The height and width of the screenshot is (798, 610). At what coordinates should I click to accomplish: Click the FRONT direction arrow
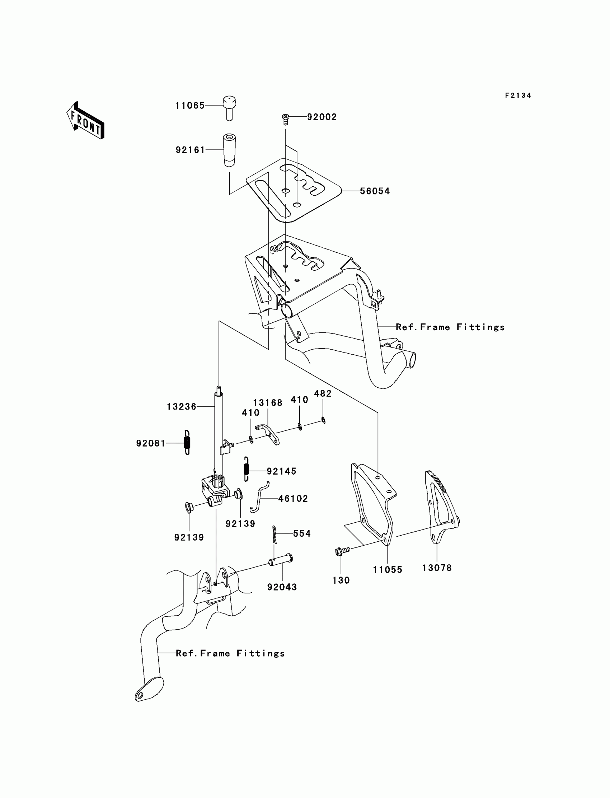[86, 121]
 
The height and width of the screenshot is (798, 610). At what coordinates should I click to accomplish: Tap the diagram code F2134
[518, 95]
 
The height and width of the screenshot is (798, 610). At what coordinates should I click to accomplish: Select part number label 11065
[190, 106]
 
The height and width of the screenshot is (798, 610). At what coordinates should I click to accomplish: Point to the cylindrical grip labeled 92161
[229, 150]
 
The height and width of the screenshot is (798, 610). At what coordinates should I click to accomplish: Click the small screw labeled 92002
[285, 118]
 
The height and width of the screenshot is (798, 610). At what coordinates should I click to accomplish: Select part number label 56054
[375, 191]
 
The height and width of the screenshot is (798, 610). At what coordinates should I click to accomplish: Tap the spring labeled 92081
[187, 442]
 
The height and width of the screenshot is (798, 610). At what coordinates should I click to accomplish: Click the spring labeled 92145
[247, 469]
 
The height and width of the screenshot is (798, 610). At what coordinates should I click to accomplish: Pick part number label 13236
[181, 407]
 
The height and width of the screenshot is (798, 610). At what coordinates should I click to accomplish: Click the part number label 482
[323, 393]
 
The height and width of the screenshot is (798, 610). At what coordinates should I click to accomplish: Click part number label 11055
[388, 570]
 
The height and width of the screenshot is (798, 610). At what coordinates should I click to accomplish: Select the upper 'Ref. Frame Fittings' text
[450, 327]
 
